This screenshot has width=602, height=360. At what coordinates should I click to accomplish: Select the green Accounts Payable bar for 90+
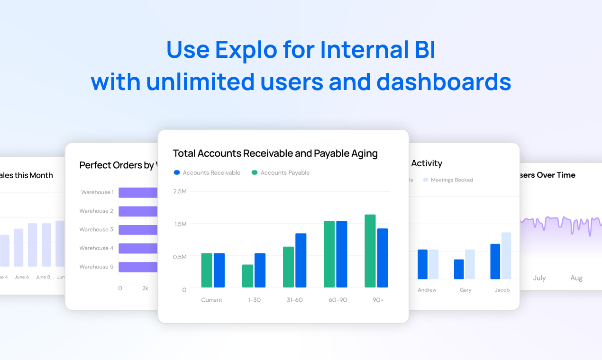[x=370, y=251]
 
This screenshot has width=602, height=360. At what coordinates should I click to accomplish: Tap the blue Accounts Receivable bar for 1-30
[x=260, y=270]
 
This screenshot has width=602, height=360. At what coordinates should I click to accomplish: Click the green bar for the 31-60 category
[x=288, y=267]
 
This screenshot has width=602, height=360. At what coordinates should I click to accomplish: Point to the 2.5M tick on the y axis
[x=180, y=191]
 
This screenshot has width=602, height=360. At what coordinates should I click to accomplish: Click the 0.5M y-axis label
[x=180, y=257]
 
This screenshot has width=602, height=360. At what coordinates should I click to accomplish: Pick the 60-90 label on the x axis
[x=337, y=300]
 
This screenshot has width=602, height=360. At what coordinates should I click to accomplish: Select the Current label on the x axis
[x=211, y=300]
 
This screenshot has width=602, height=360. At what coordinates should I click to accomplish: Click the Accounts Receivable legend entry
[x=207, y=173]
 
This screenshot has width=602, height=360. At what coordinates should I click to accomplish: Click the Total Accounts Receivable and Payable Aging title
[x=275, y=153]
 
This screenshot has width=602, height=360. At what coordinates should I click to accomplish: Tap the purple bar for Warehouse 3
[x=137, y=230]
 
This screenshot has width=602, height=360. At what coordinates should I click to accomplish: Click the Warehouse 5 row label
[x=96, y=267]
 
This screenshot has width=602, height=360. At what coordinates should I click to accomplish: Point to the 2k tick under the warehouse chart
[x=146, y=288]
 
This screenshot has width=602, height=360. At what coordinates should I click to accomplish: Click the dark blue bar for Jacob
[x=495, y=261]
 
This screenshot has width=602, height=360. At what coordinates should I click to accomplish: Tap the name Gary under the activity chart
[x=465, y=290]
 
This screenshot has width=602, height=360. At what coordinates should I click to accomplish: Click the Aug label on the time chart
[x=576, y=278]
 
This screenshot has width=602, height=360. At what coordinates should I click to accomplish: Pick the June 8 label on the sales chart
[x=43, y=277]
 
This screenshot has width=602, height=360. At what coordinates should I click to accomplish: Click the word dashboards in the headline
[x=444, y=82]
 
